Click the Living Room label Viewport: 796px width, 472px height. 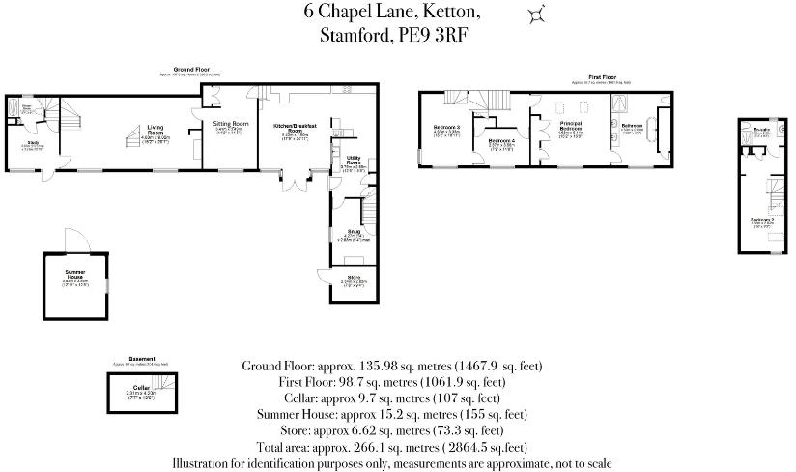156,130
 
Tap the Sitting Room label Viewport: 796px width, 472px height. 230,125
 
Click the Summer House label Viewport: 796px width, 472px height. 75,276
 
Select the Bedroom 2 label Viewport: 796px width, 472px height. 762,220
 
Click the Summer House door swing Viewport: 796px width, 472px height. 73,240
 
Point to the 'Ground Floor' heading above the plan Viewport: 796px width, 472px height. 192,70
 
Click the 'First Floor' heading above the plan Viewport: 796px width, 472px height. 603,76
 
